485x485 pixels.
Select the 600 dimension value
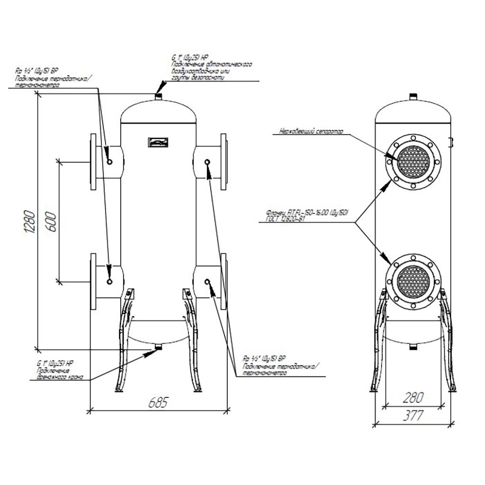click(52, 221)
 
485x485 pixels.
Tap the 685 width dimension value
click(159, 403)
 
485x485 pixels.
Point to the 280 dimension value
click(413, 397)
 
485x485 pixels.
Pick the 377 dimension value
click(413, 416)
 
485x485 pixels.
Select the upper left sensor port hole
click(110, 162)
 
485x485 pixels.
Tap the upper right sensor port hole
click(207, 163)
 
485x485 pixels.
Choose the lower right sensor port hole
click(207, 282)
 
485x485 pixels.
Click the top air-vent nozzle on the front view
click(158, 97)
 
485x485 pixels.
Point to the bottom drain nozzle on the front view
click(158, 348)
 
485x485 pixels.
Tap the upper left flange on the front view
click(92, 162)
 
